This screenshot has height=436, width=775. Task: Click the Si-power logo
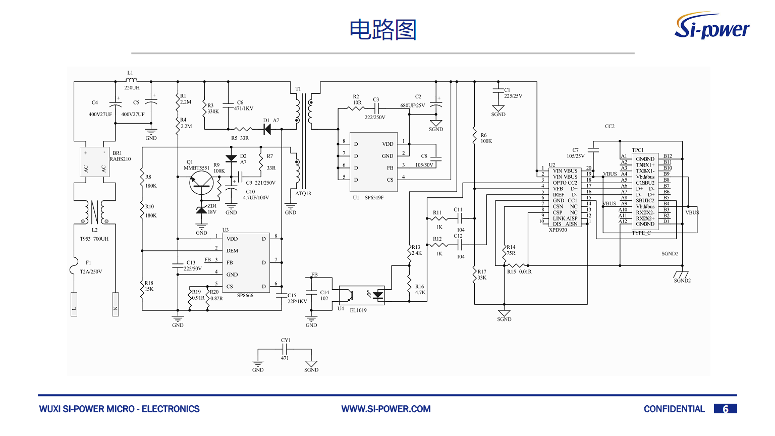[712, 26]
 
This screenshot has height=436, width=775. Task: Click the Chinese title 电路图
[383, 30]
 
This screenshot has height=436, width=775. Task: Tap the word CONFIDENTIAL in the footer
[674, 409]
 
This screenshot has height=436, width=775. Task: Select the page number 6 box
[725, 409]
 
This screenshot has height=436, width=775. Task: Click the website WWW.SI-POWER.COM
[386, 409]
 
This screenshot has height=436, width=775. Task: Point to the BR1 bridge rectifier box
[95, 162]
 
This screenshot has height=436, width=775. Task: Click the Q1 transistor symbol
[201, 183]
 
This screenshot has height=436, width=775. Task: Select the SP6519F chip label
[374, 198]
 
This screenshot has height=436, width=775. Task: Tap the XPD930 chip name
[558, 230]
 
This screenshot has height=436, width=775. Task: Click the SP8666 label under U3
[245, 296]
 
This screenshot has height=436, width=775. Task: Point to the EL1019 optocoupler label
[358, 310]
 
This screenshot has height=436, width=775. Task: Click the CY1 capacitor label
[286, 341]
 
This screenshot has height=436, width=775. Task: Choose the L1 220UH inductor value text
[132, 88]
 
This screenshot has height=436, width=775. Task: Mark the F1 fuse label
[88, 263]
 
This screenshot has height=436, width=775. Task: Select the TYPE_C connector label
[641, 233]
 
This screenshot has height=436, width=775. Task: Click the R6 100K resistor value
[486, 141]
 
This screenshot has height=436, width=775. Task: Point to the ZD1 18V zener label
[212, 209]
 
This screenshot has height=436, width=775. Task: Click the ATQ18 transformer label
[303, 194]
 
